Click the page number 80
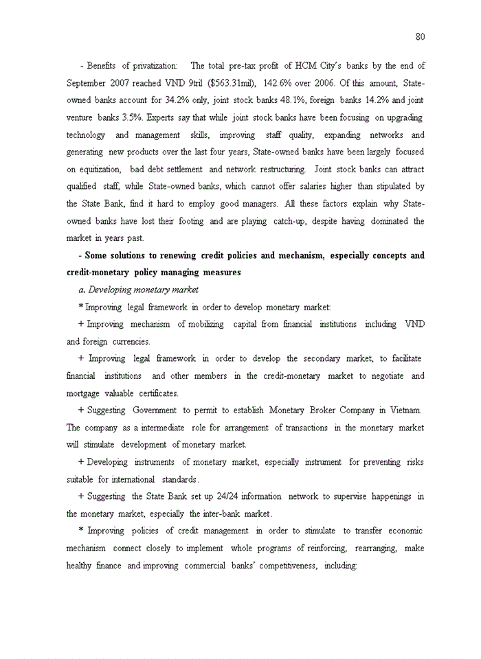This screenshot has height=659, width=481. click(420, 36)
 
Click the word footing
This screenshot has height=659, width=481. click(190, 221)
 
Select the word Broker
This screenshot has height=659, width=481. click(333, 411)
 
